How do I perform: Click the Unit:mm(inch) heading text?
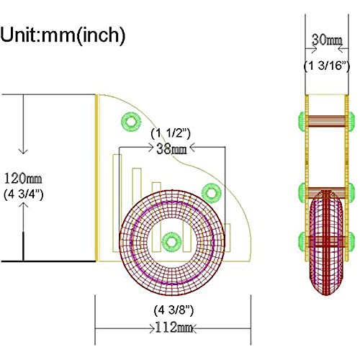point(63,35)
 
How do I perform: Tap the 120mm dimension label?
point(23,179)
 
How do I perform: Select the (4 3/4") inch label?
point(24,194)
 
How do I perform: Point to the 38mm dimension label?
point(171,149)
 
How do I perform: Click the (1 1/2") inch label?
point(171,133)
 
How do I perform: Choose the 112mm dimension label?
point(174,327)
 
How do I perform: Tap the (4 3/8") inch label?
point(174,310)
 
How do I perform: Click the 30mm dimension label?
point(327,40)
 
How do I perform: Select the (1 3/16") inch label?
point(327,66)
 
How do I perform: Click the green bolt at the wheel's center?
point(171,242)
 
